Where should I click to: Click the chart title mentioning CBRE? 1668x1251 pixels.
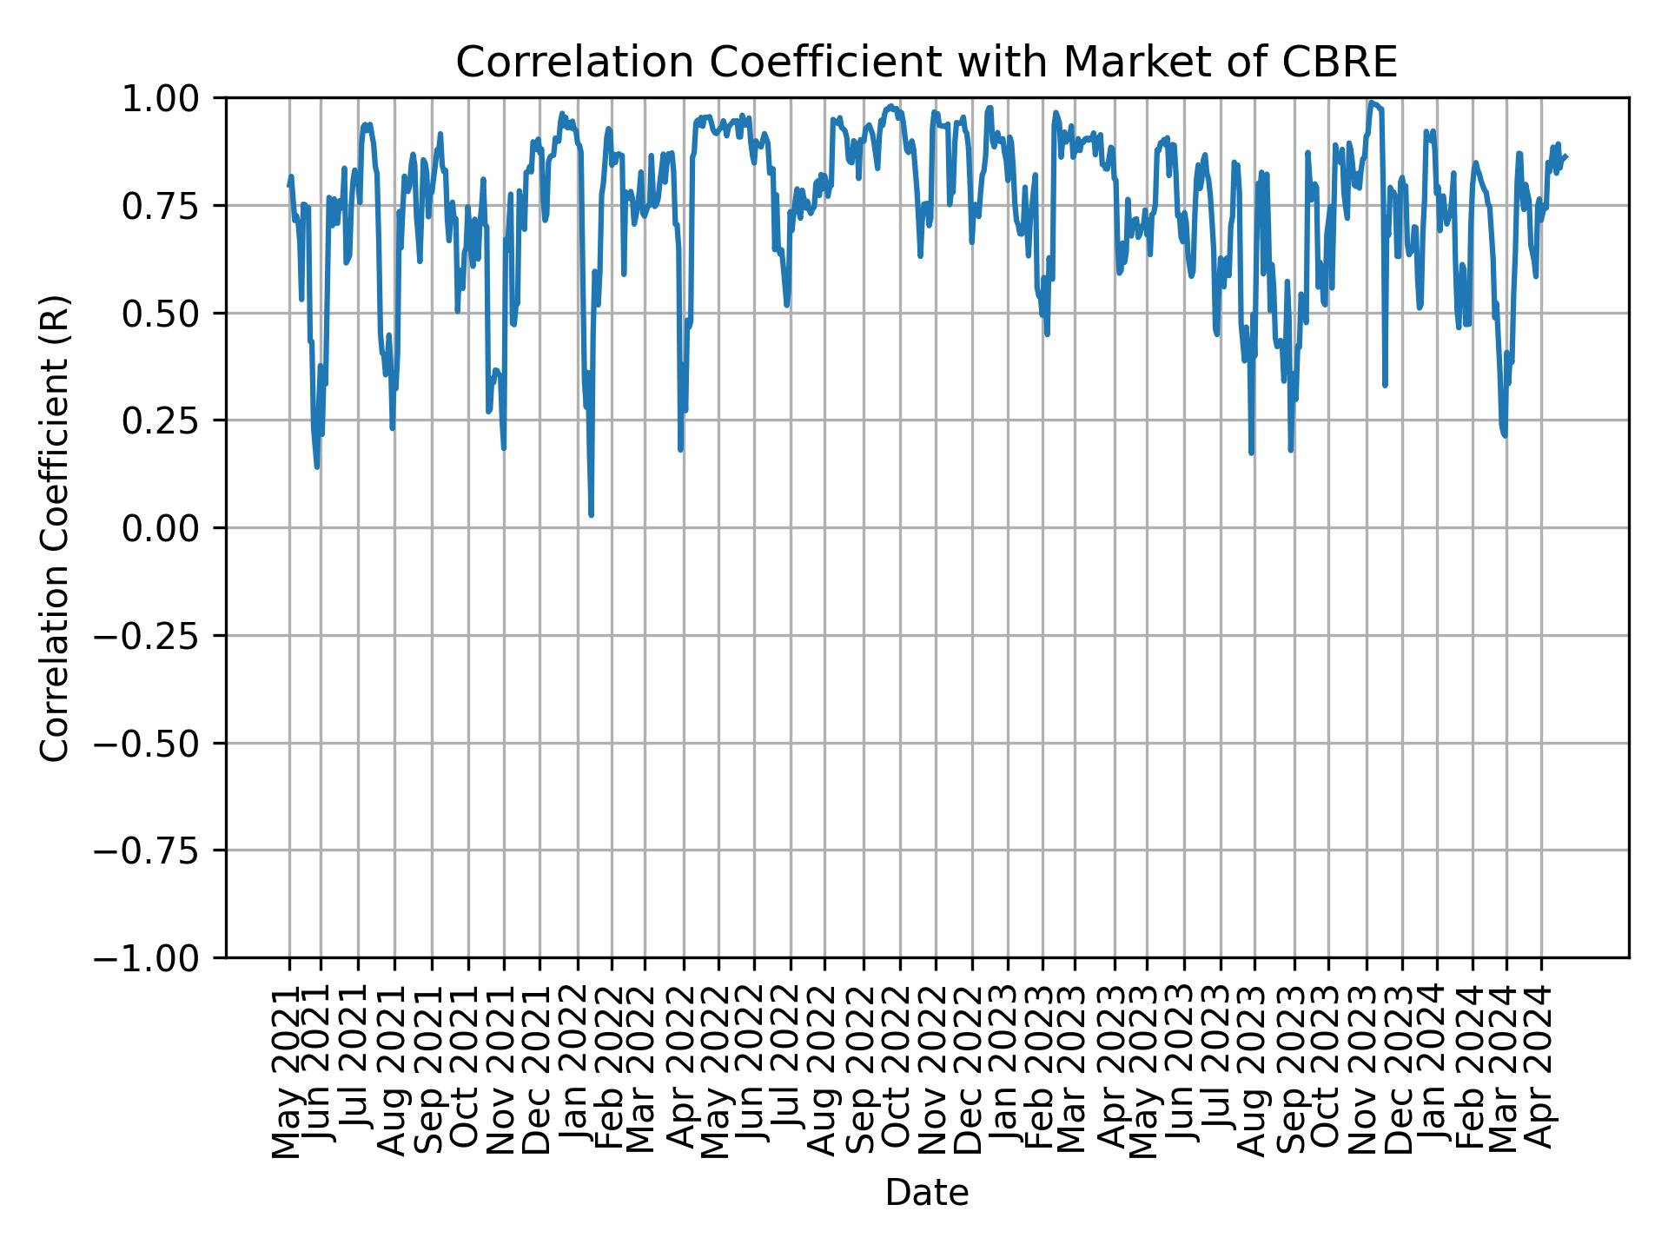[x=926, y=63]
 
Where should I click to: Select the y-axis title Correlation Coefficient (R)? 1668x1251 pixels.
[x=55, y=528]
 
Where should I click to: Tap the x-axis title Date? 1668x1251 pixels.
[x=926, y=1194]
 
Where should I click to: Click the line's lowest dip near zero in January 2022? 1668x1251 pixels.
[x=591, y=515]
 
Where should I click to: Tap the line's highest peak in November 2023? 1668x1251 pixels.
[x=1370, y=103]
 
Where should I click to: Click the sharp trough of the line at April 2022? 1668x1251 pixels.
[x=680, y=449]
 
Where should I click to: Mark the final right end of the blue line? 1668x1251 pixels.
[x=1565, y=156]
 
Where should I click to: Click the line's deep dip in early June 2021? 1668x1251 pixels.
[x=317, y=467]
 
